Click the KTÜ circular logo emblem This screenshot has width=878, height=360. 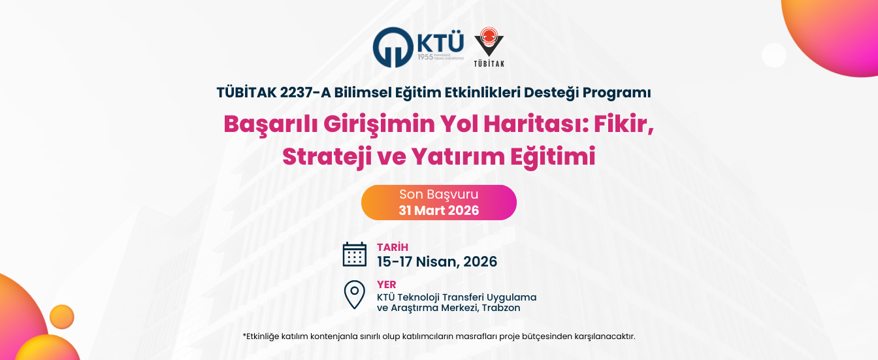393,47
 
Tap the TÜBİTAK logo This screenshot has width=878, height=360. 489,46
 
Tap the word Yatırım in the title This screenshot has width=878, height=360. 458,156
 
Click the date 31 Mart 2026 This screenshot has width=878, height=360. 438,210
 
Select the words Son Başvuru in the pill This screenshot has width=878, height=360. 438,194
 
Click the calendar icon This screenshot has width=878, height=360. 354,255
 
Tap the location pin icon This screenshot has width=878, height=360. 354,295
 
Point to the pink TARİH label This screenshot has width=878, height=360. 393,247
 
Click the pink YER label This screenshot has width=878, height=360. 387,284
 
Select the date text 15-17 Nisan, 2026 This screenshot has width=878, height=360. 437,261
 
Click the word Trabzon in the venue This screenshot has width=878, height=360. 501,308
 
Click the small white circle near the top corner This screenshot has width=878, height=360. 774,56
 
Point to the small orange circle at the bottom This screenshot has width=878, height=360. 62,317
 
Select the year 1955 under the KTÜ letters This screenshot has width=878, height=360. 425,57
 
